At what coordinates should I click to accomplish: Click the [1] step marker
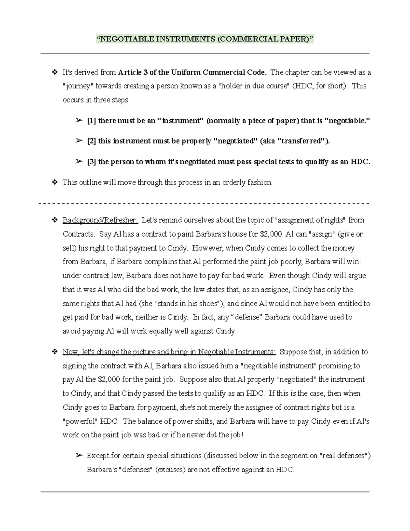[x=91, y=120]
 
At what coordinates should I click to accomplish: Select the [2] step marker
[x=91, y=141]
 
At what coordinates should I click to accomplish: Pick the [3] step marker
[x=91, y=162]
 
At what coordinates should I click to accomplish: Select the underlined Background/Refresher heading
[x=100, y=220]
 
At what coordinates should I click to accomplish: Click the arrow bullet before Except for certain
[x=79, y=456]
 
